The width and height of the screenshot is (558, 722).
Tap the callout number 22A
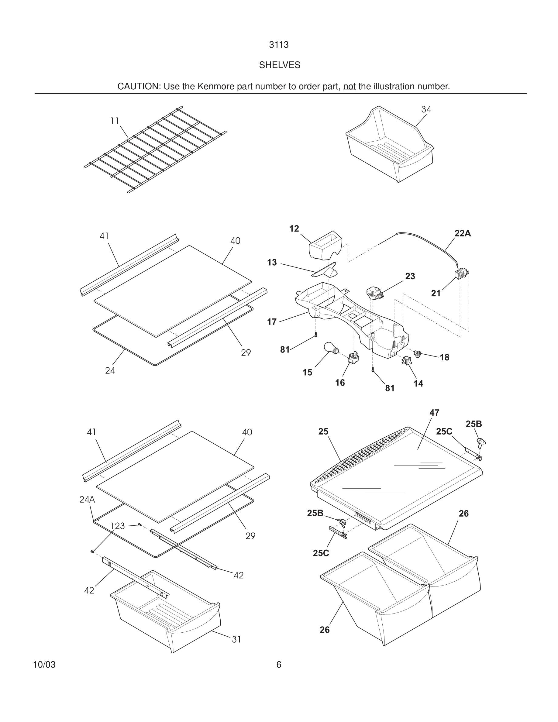click(463, 233)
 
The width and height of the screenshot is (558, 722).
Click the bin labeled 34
click(390, 146)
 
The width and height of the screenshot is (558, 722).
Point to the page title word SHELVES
click(279, 65)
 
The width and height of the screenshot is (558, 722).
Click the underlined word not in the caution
click(349, 87)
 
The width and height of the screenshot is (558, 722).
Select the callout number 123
click(117, 526)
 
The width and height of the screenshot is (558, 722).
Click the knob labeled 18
click(418, 354)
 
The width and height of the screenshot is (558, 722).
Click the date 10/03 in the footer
click(44, 665)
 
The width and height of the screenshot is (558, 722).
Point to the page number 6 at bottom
click(279, 665)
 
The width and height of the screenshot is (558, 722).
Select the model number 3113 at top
click(279, 45)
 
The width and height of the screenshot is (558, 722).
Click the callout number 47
click(434, 413)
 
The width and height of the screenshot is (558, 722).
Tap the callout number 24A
click(87, 500)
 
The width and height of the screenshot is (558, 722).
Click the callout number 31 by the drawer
click(236, 639)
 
